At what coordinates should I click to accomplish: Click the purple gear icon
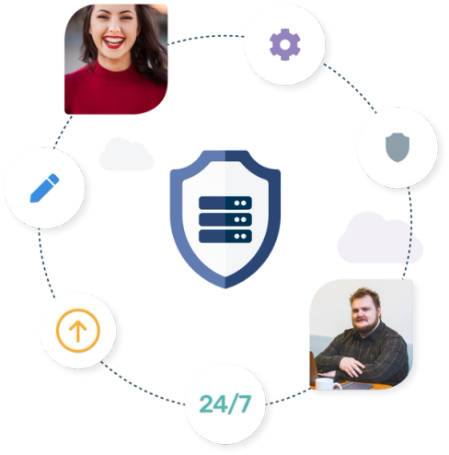(285, 44)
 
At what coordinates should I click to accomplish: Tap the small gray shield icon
(397, 147)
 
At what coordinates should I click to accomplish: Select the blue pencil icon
(44, 188)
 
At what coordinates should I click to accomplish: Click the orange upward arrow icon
(78, 331)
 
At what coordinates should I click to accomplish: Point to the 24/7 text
(225, 403)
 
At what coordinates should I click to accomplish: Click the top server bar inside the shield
(225, 203)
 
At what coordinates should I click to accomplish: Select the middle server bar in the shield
(225, 219)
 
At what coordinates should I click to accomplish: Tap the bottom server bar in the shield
(225, 236)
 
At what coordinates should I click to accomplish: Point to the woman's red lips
(114, 42)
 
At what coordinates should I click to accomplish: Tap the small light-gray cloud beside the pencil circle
(126, 154)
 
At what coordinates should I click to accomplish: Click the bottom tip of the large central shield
(225, 288)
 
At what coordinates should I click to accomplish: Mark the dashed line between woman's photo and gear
(206, 37)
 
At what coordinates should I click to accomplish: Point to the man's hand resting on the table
(351, 367)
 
